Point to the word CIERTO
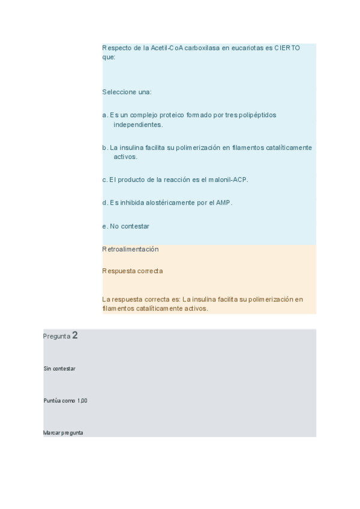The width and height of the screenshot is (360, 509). [287, 47]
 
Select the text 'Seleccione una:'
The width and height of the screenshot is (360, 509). [127, 92]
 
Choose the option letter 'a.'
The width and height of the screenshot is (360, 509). [105, 115]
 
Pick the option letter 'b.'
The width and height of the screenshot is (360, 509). [105, 147]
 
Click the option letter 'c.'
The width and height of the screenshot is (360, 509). [105, 179]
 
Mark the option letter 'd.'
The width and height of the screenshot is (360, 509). [105, 202]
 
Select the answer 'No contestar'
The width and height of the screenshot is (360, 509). [130, 226]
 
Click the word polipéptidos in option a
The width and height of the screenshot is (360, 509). [258, 115]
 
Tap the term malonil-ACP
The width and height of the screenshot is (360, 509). [227, 179]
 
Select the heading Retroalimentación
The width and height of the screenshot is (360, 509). [130, 248]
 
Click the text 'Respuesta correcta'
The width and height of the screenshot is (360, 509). [132, 271]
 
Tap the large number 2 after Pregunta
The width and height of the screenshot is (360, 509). [75, 336]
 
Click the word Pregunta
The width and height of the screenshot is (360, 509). [56, 336]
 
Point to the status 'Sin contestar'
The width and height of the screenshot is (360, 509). [59, 369]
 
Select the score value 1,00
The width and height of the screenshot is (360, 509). [82, 400]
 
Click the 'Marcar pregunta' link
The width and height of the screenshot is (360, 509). [63, 432]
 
